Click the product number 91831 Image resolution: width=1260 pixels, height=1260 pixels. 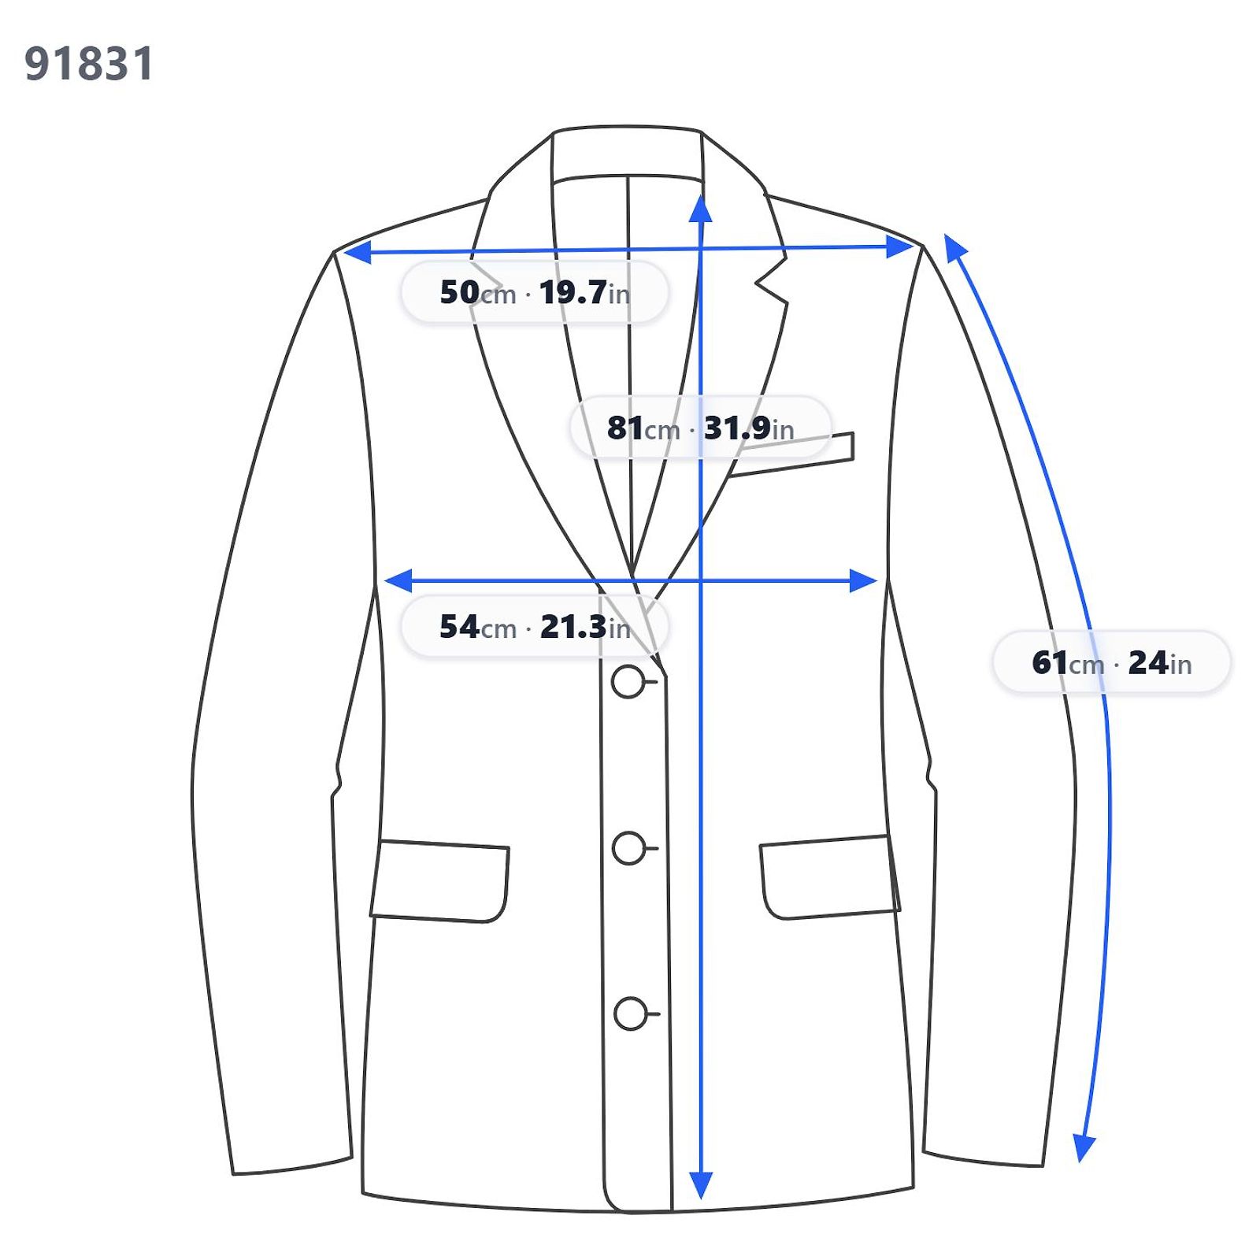coord(89,64)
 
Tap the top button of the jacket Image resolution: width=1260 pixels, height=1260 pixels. coord(628,682)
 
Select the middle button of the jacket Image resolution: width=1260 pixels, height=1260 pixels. coord(629,848)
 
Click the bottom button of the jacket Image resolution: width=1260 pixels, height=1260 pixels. coord(631,1014)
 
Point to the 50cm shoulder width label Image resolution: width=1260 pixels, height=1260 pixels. coord(535,293)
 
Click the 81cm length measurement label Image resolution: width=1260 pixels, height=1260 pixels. coord(700,428)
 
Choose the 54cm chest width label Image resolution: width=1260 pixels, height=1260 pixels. coord(535,628)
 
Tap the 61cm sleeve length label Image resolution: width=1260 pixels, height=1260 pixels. coord(1111,663)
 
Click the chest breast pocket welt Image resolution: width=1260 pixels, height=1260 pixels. coord(791,454)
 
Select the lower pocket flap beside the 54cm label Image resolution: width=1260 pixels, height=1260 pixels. coord(440,881)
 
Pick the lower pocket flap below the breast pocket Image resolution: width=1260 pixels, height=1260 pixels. coord(829,877)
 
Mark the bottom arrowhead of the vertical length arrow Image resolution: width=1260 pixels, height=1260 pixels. coord(700,1185)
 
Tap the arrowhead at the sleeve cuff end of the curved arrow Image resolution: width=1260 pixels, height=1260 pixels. coord(1085,1148)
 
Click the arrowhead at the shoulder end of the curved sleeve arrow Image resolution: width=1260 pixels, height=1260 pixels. coord(954,246)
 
